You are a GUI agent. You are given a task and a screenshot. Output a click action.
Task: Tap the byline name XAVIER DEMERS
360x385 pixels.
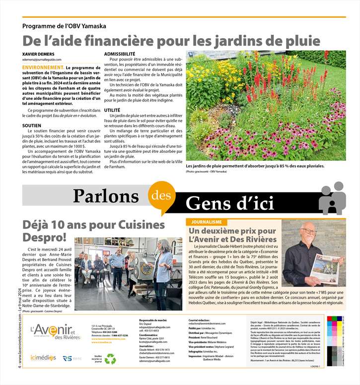tap(39, 54)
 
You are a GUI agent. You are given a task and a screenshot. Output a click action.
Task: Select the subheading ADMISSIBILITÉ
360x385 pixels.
tap(120, 54)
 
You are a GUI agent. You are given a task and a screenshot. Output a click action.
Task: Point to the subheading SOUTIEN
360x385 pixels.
tap(32, 126)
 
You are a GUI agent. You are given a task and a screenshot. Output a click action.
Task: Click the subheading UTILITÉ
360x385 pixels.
tap(112, 109)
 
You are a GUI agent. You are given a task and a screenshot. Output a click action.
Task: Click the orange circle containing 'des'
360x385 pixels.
tap(160, 195)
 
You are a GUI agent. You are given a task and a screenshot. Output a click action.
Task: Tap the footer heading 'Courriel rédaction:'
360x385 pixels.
tap(201, 321)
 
